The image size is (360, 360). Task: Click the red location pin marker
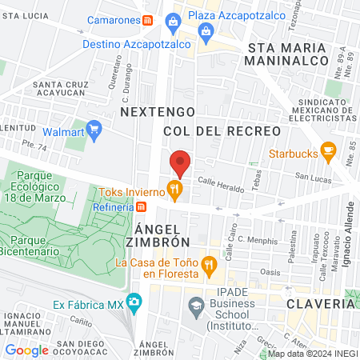pyautogui.click(x=180, y=162)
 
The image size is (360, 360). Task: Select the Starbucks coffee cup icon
pyautogui.click(x=327, y=150)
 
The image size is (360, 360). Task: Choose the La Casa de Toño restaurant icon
pyautogui.click(x=208, y=264)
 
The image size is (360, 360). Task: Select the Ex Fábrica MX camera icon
pyautogui.click(x=133, y=303)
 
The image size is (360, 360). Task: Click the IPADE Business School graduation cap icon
pyautogui.click(x=195, y=305)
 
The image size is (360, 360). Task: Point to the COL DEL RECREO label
pyautogui.click(x=222, y=130)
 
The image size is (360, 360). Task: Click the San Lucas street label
pyautogui.click(x=313, y=176)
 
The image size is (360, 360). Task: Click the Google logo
pyautogui.click(x=27, y=350)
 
